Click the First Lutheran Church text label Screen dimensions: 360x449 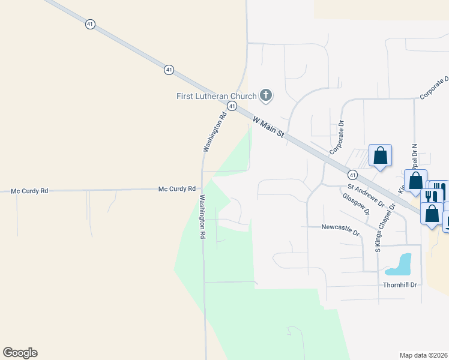coord(216,96)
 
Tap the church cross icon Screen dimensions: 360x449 coord(266,95)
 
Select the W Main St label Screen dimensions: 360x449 coord(268,128)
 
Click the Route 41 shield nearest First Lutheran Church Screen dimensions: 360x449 coord(232,105)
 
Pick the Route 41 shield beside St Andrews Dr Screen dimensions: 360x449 coord(352,175)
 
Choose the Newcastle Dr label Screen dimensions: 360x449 coord(340,227)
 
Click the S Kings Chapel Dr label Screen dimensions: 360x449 coord(385,228)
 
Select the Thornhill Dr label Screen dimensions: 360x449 coord(400,284)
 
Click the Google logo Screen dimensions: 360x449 coord(20,353)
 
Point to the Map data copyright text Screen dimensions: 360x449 coord(424,355)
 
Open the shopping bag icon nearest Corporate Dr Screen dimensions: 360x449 coord(380,156)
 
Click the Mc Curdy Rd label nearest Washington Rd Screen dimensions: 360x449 coord(177,188)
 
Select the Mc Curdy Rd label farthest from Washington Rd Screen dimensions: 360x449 coord(29,191)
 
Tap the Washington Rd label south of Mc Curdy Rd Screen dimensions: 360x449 coord(202,217)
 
